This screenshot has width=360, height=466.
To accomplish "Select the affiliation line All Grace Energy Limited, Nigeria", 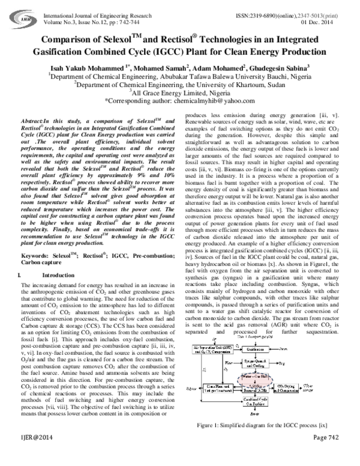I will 180,94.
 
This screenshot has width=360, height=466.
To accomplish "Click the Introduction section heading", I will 51,292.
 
